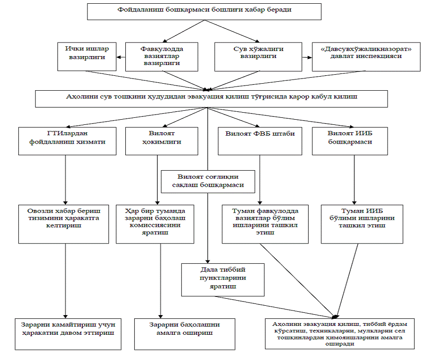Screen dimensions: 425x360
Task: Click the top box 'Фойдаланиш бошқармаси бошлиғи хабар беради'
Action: click(204, 12)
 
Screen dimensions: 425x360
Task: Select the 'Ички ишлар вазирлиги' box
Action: click(87, 57)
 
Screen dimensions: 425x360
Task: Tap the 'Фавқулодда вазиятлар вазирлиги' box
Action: click(162, 57)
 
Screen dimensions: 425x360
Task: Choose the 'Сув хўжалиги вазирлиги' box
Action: click(258, 57)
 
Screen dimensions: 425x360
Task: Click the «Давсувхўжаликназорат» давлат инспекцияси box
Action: click(366, 57)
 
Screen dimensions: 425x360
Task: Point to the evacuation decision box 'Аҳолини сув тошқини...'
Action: click(211, 99)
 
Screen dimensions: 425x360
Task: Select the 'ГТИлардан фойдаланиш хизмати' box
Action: click(67, 141)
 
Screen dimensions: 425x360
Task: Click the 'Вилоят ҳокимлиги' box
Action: click(162, 141)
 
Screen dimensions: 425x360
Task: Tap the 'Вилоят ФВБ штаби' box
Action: click(260, 141)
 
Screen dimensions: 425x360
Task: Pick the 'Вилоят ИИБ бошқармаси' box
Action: click(350, 141)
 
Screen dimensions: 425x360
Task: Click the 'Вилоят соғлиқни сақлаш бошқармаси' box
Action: click(208, 181)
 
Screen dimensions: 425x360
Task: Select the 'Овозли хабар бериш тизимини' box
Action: click(64, 224)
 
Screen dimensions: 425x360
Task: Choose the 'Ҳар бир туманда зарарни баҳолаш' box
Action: click(155, 224)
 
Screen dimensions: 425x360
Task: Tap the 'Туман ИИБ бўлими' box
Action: click(362, 224)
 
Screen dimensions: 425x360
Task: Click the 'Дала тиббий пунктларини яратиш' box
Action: click(223, 280)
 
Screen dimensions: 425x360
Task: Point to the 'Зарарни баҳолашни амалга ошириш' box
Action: click(185, 334)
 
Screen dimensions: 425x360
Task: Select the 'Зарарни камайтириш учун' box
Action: click(68, 334)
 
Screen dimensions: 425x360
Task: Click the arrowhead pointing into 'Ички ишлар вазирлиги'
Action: click(119, 57)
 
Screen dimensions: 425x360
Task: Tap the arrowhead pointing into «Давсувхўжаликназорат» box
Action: click(310, 58)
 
